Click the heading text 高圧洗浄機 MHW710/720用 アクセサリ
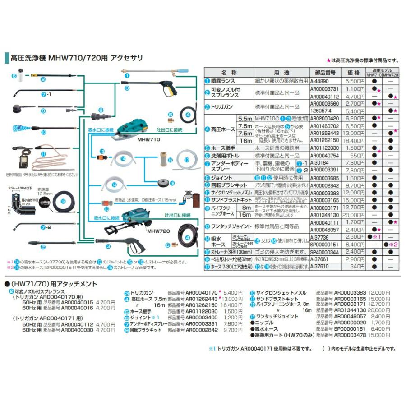(x=76, y=58)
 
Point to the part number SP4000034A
(x=324, y=252)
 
